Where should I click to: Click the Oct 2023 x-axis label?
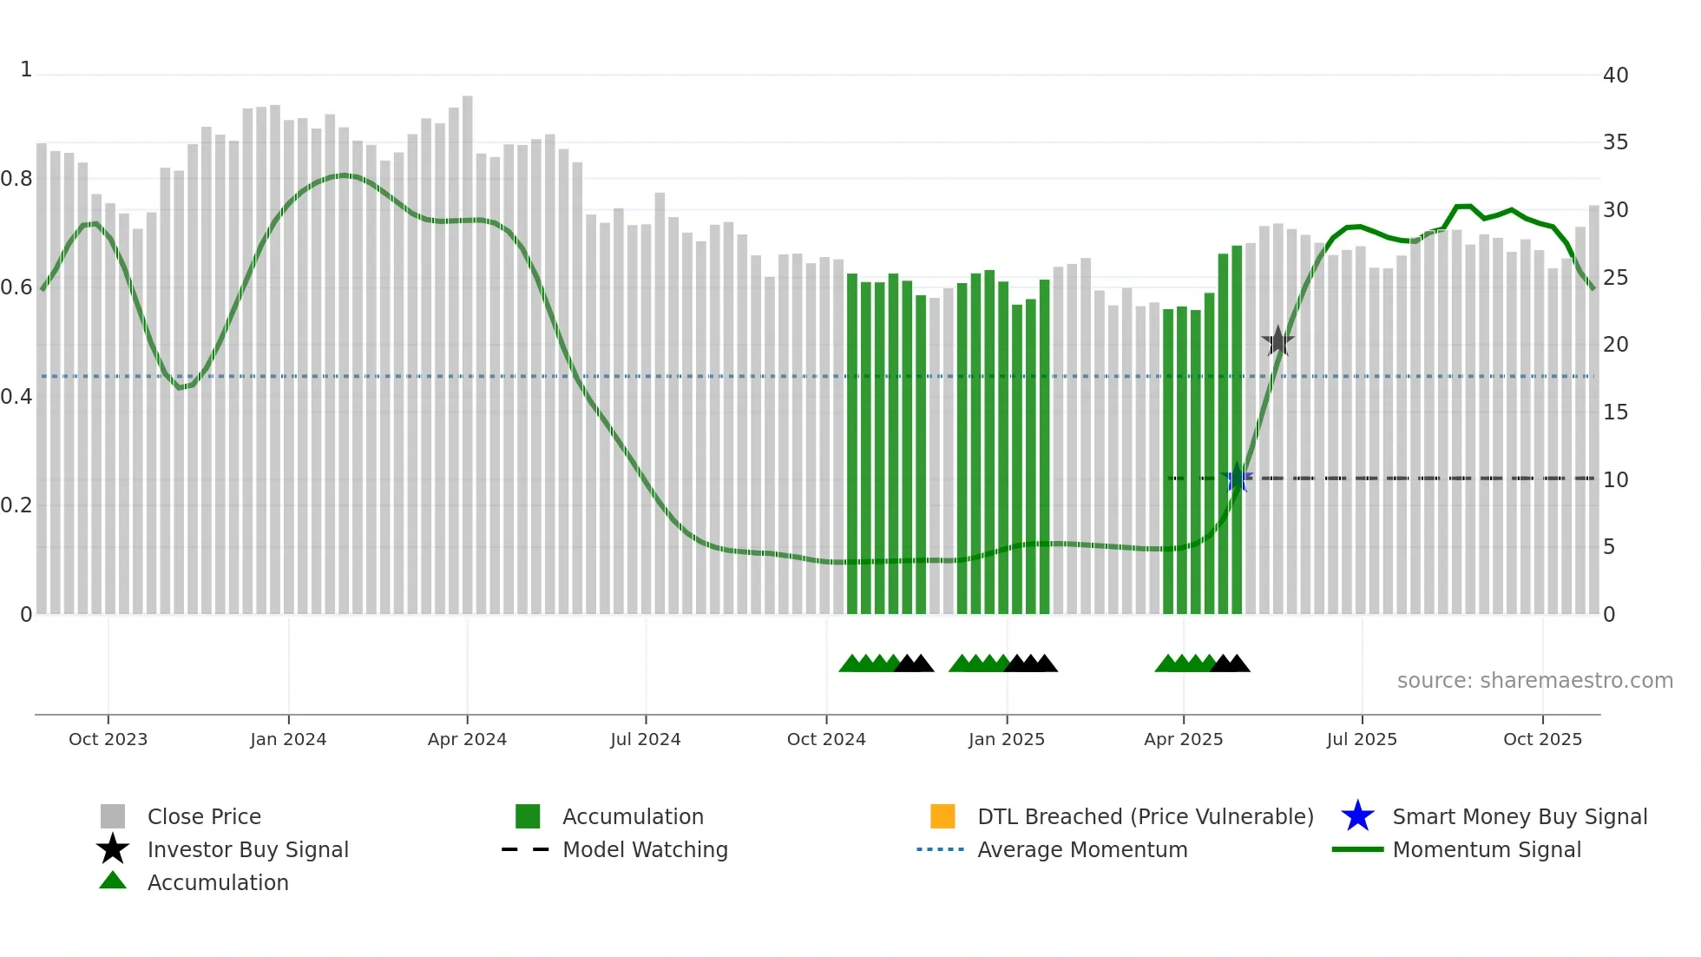tap(108, 739)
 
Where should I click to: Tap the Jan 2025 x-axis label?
tap(1006, 739)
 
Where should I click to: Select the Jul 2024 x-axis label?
tap(645, 739)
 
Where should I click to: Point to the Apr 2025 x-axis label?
tap(1183, 739)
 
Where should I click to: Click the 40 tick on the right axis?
tap(1615, 76)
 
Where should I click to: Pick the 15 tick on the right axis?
tap(1615, 412)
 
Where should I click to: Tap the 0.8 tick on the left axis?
tap(16, 179)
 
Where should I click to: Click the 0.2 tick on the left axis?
tap(16, 505)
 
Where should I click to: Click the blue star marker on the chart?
tap(1237, 478)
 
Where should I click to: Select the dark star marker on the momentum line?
tap(1277, 341)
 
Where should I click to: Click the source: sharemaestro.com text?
tap(1534, 681)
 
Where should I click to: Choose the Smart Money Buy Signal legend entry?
tap(1519, 816)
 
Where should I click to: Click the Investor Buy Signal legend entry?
tap(247, 849)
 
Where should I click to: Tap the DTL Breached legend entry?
tap(1145, 816)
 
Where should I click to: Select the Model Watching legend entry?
tap(645, 849)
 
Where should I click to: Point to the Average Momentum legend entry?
tap(1081, 849)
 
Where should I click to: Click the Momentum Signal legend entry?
tap(1486, 849)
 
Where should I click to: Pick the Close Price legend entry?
tap(204, 816)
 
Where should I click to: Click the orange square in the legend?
tap(942, 816)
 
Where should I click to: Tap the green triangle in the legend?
tap(113, 881)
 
